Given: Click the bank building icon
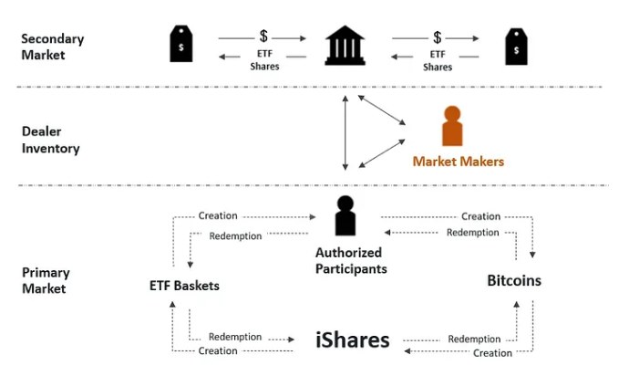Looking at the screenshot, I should click(x=345, y=45).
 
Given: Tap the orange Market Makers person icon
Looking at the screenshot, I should click(x=451, y=128).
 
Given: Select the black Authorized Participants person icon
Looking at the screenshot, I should click(x=345, y=216).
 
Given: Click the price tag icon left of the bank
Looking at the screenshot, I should click(x=181, y=45).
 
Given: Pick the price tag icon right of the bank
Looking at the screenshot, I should click(x=517, y=46).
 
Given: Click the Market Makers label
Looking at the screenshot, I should click(x=458, y=162).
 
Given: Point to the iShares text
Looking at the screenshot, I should click(x=353, y=340).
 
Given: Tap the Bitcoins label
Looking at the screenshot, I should click(x=514, y=280).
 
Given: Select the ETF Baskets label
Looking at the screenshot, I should click(x=184, y=286).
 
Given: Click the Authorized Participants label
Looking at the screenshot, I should click(x=351, y=260).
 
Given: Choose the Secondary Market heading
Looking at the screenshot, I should click(x=53, y=47).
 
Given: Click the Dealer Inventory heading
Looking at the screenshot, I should click(x=51, y=140).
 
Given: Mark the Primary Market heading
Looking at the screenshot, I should click(x=46, y=280).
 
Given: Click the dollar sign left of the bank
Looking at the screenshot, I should click(x=263, y=37).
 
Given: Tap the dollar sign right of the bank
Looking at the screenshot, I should click(x=438, y=37).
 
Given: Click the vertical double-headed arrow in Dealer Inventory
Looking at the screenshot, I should click(x=345, y=131).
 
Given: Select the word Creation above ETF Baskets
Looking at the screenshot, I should click(x=218, y=216).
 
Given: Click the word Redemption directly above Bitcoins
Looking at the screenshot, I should click(x=474, y=232).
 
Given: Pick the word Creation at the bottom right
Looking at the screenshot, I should click(x=493, y=353).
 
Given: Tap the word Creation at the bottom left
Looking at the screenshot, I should click(x=217, y=351).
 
